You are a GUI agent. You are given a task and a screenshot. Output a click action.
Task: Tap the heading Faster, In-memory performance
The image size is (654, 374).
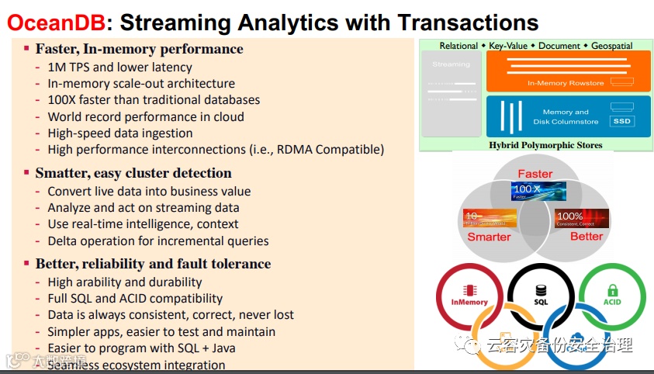(x=139, y=49)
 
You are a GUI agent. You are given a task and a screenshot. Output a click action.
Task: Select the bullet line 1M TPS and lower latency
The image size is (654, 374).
(x=119, y=67)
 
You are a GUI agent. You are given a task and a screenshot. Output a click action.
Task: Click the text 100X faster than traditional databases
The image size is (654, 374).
(x=154, y=99)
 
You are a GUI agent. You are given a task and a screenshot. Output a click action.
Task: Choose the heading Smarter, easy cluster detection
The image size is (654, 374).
(x=133, y=173)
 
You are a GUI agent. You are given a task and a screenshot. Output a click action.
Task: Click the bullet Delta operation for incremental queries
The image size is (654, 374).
(x=158, y=241)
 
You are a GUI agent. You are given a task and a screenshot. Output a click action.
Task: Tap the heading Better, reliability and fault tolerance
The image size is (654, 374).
(x=153, y=264)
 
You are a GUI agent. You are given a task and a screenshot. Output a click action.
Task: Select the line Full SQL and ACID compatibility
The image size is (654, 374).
(x=135, y=298)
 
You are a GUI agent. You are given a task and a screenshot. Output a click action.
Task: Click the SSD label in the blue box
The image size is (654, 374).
(x=622, y=121)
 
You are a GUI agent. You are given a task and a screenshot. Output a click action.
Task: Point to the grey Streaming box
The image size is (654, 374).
(x=452, y=96)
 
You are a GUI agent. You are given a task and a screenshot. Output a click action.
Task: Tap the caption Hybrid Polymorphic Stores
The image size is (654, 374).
(x=535, y=145)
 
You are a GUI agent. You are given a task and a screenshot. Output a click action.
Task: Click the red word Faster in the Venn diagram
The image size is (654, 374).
(x=535, y=173)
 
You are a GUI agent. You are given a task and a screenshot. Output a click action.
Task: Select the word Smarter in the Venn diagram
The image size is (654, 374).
(x=489, y=237)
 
